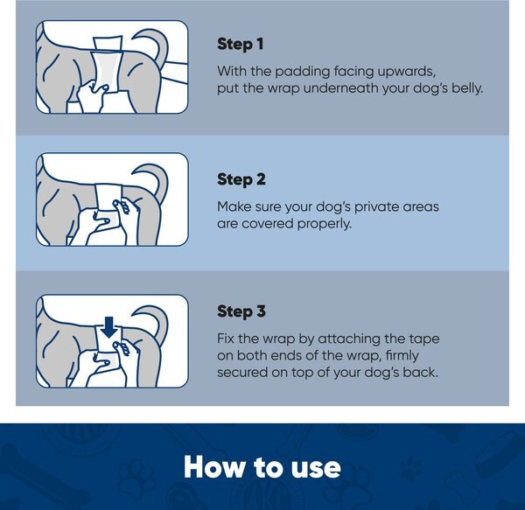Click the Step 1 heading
241,44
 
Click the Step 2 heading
241,179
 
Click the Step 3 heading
241,311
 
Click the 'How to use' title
262,466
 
